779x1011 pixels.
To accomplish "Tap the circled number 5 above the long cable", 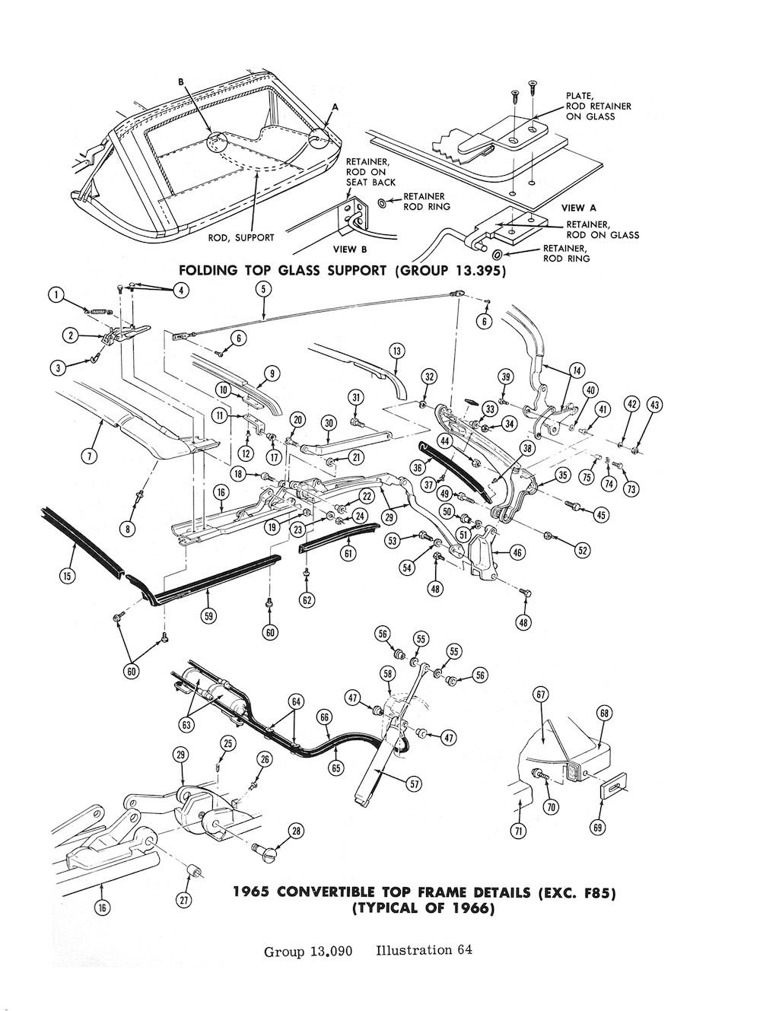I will click(x=263, y=288).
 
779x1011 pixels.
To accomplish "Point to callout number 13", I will click(x=396, y=351).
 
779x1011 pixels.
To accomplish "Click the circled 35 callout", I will click(x=562, y=475).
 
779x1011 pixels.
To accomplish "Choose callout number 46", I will click(x=517, y=553).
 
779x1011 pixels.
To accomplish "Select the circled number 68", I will click(x=604, y=714).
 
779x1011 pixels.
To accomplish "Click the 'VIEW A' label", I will click(x=573, y=208).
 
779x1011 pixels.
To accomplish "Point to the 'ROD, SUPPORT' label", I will click(x=241, y=237).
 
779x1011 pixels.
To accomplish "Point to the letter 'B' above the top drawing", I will click(x=181, y=81).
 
